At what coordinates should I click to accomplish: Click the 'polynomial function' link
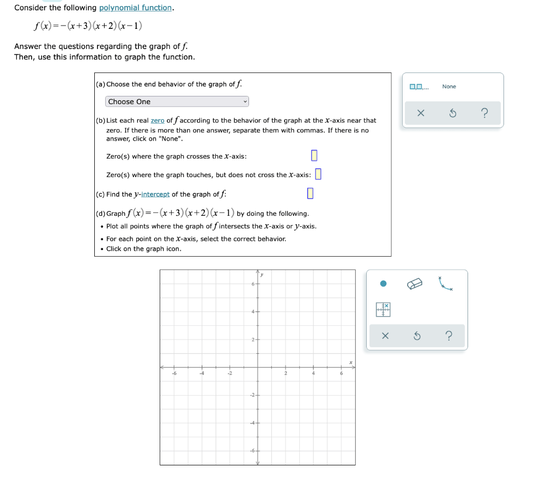click(136, 8)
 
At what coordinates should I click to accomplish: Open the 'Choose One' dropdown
click(177, 102)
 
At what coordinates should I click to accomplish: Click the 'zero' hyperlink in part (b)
click(157, 120)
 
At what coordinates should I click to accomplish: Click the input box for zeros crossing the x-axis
click(314, 156)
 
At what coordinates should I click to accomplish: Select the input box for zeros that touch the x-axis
click(318, 174)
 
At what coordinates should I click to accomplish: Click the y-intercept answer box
click(310, 193)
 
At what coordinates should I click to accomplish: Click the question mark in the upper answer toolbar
click(484, 113)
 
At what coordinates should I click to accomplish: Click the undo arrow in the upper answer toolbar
click(452, 113)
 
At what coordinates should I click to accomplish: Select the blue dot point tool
click(383, 283)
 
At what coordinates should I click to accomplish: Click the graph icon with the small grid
click(383, 309)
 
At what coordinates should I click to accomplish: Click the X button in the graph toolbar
click(385, 336)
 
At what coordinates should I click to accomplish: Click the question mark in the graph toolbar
click(448, 336)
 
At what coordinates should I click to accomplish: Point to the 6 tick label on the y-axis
click(253, 283)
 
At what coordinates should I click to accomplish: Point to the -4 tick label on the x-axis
click(201, 373)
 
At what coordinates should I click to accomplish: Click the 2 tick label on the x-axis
click(285, 373)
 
